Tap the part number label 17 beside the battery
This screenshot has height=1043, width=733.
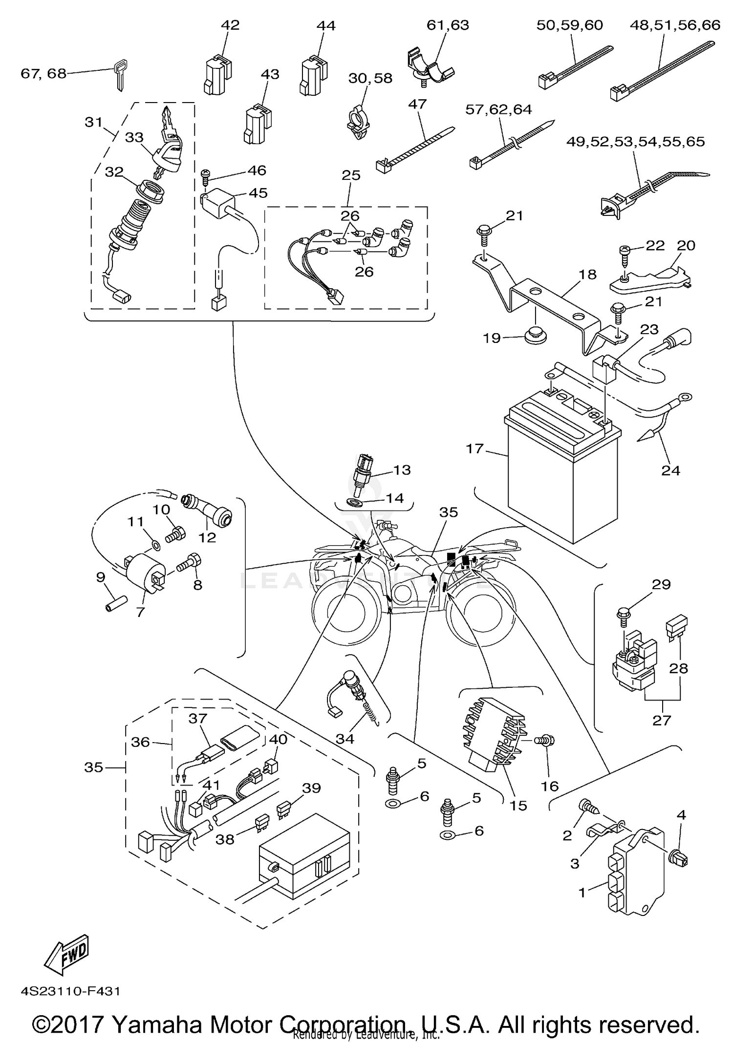coord(474,448)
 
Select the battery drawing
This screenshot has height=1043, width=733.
coord(562,469)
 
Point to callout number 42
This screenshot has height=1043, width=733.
coord(230,25)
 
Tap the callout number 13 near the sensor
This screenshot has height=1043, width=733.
coord(402,470)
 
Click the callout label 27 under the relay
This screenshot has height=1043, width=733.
coord(662,720)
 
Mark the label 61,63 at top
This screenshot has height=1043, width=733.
coord(448,25)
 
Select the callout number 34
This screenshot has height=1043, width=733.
coord(345,739)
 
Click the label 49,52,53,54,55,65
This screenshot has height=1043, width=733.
coord(635,142)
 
